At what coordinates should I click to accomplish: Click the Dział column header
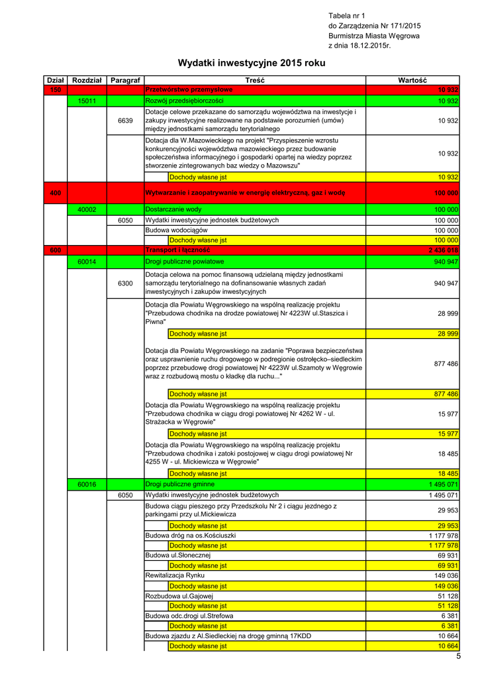tap(55, 79)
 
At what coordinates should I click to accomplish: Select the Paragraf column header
tap(125, 79)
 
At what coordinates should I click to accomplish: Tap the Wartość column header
tap(412, 79)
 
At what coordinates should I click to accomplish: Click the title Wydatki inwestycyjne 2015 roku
tap(252, 63)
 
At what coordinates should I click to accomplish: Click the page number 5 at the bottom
tap(457, 655)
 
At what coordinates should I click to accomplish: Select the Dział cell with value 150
tap(55, 89)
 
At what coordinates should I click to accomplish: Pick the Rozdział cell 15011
tap(87, 101)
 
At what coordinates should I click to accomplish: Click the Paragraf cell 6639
tap(125, 121)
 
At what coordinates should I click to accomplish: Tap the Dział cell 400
tap(55, 193)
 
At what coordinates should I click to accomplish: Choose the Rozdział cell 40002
tap(87, 209)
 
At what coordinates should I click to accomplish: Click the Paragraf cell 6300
tap(125, 283)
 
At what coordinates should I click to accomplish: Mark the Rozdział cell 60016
tap(87, 485)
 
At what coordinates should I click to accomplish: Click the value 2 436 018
tap(443, 250)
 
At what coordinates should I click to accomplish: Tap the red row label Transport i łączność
tap(177, 250)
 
